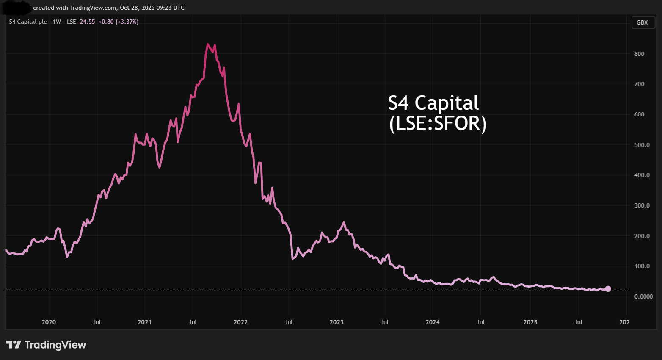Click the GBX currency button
tap(642, 22)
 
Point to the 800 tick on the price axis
tap(639, 54)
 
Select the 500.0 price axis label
tap(642, 145)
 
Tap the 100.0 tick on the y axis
tap(642, 266)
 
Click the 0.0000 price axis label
tap(643, 296)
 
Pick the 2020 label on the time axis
tap(49, 322)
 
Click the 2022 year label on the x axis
tap(240, 322)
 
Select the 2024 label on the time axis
tap(433, 322)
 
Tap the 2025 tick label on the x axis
tap(530, 322)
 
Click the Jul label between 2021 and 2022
tap(193, 322)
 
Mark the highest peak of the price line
tap(208, 44)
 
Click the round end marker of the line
tap(608, 289)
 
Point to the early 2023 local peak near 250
tap(344, 222)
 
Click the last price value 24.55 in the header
tap(87, 22)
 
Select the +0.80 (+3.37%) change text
tap(119, 22)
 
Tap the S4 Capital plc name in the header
tap(28, 22)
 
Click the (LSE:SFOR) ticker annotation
tap(438, 124)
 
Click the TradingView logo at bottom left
tap(46, 345)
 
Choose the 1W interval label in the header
tap(57, 22)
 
